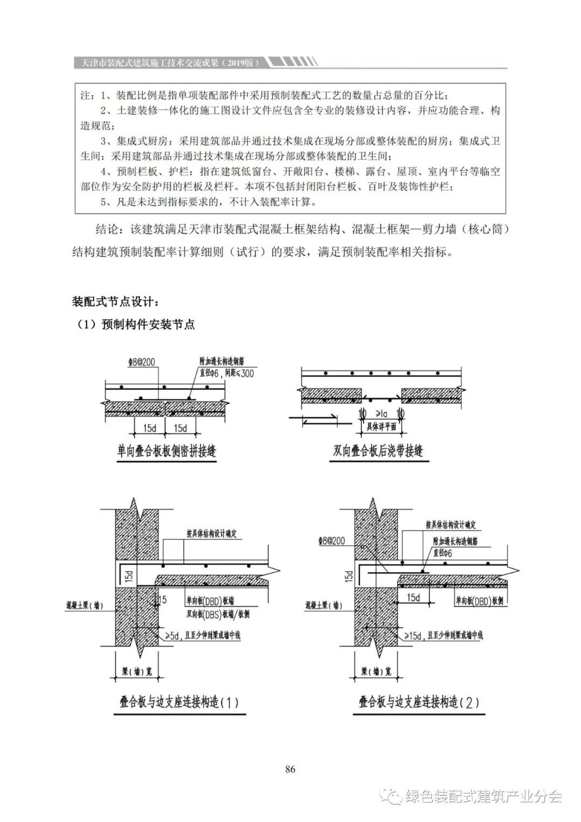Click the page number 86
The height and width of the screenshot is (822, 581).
pyautogui.click(x=290, y=769)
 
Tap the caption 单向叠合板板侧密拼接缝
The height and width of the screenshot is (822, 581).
pyautogui.click(x=167, y=451)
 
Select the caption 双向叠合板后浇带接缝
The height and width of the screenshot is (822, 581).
pyautogui.click(x=378, y=451)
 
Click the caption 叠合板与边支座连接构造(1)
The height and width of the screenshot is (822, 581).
pyautogui.click(x=179, y=702)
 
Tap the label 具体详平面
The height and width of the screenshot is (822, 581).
pyautogui.click(x=381, y=426)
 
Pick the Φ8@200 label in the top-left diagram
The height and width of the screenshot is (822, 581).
pyautogui.click(x=141, y=362)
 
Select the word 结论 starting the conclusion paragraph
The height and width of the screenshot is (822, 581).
pyautogui.click(x=107, y=230)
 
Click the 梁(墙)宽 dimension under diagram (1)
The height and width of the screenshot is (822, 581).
pyautogui.click(x=137, y=671)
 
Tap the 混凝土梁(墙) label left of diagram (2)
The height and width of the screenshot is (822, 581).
pyautogui.click(x=323, y=605)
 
